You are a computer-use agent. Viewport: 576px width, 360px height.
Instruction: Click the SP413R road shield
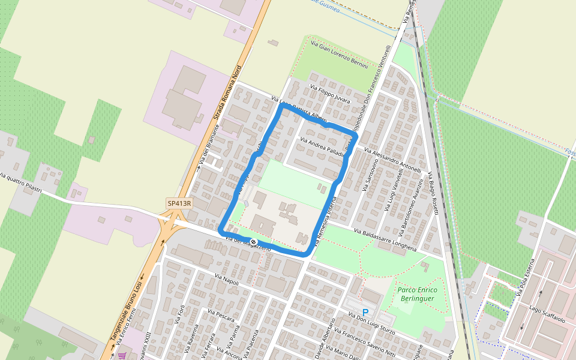coord(179,203)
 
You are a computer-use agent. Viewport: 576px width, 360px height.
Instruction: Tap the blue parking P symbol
coord(365,313)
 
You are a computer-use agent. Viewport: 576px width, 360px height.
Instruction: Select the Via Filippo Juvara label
coord(329,94)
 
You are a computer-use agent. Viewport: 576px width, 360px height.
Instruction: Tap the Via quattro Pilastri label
coord(21,183)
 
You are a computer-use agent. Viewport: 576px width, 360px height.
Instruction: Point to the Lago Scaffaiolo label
coord(547,314)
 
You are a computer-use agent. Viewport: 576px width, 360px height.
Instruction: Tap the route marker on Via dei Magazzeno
coord(254,242)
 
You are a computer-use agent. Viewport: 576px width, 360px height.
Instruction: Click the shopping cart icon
coord(122,355)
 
